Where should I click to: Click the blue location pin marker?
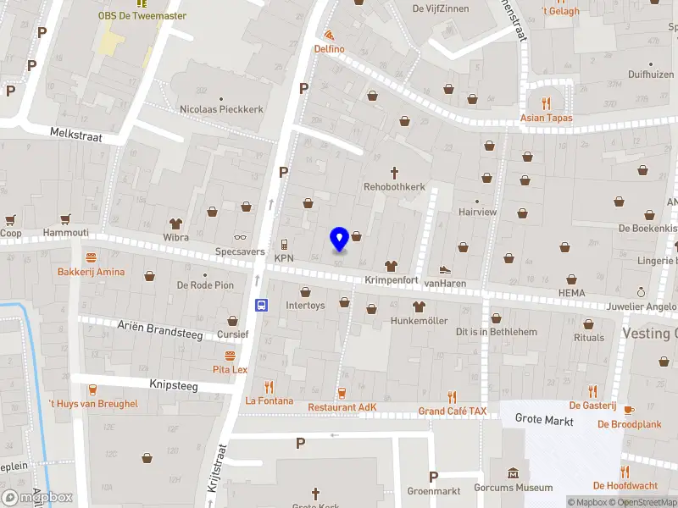click(339, 239)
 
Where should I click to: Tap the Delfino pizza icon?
click(329, 36)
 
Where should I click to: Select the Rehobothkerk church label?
click(394, 186)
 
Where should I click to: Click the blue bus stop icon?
click(263, 305)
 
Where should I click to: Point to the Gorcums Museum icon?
click(512, 473)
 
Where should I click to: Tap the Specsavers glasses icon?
click(241, 239)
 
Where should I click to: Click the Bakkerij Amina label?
click(91, 272)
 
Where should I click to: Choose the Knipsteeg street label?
click(173, 384)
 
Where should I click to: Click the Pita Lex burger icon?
click(229, 356)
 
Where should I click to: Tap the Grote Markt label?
click(544, 421)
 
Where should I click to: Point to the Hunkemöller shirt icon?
click(419, 306)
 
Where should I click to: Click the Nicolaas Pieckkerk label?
click(221, 109)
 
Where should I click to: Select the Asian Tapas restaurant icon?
click(547, 104)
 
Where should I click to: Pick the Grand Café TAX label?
click(453, 411)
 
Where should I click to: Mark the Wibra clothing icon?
click(176, 224)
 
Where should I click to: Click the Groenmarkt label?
click(434, 490)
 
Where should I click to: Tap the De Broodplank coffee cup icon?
click(628, 411)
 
